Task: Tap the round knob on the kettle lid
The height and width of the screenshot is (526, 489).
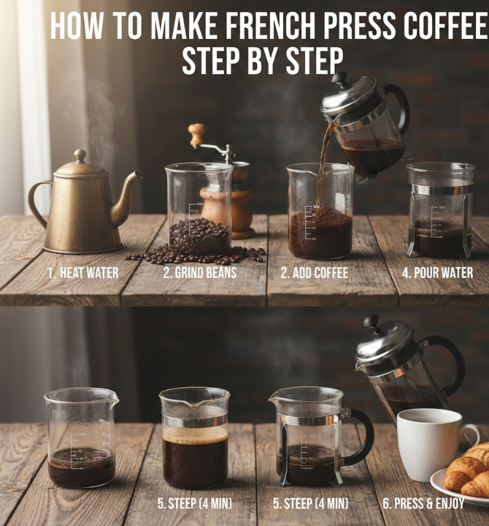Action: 80,155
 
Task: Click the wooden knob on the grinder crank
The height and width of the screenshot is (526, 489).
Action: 196,135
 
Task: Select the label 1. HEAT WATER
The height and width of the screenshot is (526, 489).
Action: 83,273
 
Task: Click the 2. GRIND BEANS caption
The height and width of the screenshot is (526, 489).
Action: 200,272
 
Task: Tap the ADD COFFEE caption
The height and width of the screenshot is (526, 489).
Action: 321,273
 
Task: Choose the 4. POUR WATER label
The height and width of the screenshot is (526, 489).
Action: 438,272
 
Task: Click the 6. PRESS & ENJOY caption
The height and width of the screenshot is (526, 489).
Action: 424,503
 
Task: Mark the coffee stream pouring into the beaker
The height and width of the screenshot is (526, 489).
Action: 323,161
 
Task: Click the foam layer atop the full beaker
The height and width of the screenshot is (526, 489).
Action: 195,435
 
